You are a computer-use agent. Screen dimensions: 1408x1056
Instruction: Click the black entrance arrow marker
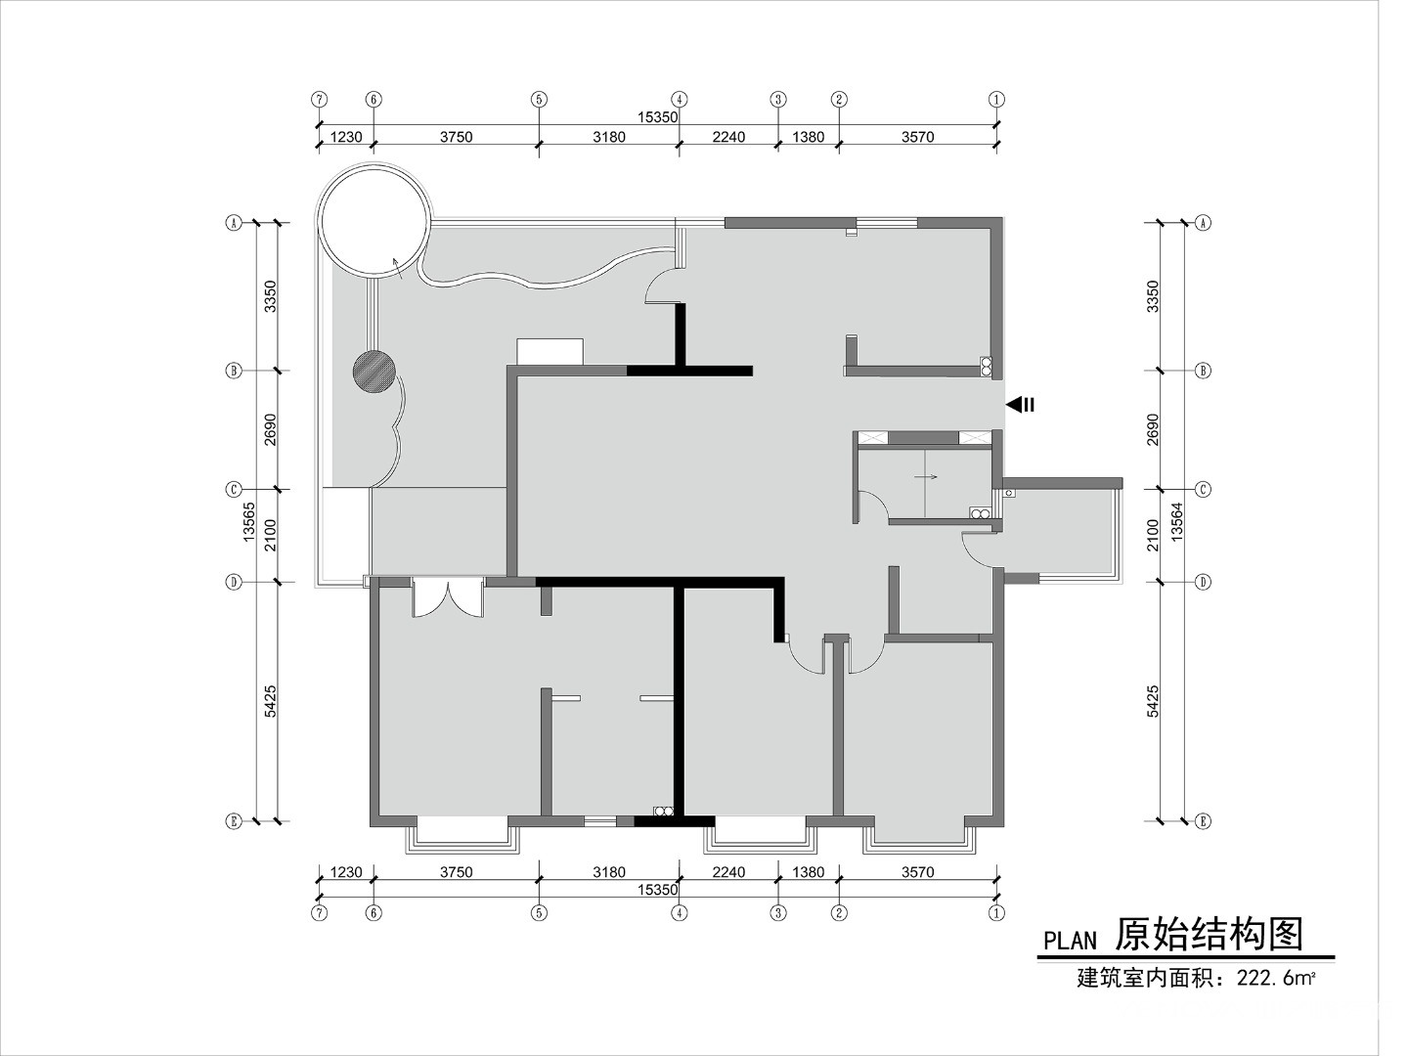(1020, 405)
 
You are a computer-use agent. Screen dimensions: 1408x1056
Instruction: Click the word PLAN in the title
(1070, 940)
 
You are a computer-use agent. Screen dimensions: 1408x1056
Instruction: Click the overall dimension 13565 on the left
(249, 522)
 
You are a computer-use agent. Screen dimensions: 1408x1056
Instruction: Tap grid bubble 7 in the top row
(319, 100)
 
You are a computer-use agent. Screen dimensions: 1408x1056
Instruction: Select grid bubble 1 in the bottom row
(996, 912)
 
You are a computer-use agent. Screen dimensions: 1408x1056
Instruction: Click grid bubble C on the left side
(233, 490)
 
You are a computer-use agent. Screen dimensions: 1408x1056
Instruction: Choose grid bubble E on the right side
(1204, 821)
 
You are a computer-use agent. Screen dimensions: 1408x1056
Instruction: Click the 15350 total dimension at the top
(657, 117)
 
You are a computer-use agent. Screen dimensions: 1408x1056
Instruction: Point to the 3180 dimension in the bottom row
(609, 872)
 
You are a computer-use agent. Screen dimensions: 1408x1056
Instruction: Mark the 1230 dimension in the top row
(346, 137)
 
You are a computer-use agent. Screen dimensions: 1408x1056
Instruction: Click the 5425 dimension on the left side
(270, 701)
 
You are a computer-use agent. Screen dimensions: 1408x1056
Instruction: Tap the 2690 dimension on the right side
(1153, 429)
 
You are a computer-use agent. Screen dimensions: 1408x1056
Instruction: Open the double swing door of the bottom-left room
(448, 596)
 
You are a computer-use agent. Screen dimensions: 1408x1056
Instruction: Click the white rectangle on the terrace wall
(550, 351)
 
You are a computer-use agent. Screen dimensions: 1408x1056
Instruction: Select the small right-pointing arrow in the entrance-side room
(926, 476)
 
